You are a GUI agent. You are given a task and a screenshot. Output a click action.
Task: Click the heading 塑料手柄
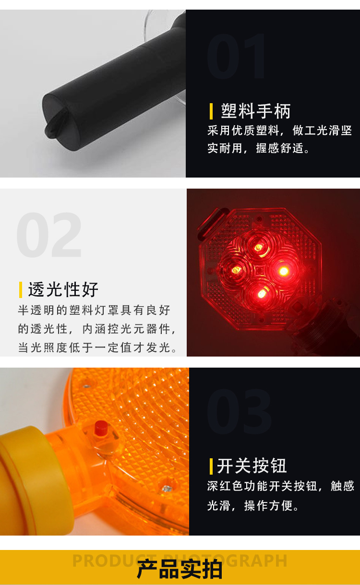(255, 111)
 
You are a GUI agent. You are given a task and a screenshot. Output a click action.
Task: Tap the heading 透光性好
(63, 289)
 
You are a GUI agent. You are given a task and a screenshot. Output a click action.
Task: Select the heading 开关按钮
(252, 466)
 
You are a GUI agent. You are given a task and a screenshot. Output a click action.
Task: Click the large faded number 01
(236, 56)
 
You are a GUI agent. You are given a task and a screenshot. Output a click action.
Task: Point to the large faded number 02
(49, 235)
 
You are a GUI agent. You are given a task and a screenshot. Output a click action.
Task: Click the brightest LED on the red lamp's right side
(284, 271)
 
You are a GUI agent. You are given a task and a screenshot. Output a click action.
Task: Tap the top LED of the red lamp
(258, 247)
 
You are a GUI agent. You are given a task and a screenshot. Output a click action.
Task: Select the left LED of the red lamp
(237, 270)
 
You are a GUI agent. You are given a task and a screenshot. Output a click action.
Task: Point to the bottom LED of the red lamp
(262, 294)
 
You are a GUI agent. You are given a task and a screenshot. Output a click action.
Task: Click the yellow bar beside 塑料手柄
(211, 111)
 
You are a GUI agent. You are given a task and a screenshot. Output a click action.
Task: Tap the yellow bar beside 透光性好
(21, 290)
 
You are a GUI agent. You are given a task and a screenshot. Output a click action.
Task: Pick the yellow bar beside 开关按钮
(211, 466)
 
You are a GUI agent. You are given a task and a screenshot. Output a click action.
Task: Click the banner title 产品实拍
(180, 569)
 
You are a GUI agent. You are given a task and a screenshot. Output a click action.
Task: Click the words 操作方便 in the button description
(268, 506)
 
